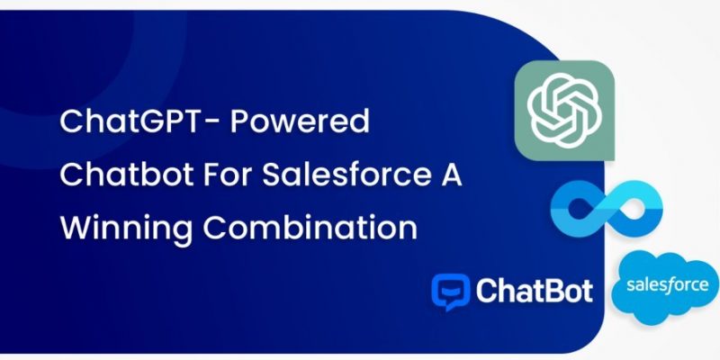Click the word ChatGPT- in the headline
click(x=139, y=121)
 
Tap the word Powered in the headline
click(x=300, y=121)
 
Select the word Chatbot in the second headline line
click(x=126, y=175)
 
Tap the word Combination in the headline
click(x=310, y=229)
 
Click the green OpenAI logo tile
click(x=564, y=110)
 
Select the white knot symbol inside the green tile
click(x=564, y=110)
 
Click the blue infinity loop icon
click(x=607, y=205)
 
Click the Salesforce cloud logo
click(x=665, y=287)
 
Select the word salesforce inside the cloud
click(x=667, y=284)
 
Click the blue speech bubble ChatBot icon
click(x=451, y=292)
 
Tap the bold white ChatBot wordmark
click(x=534, y=291)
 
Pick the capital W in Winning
click(x=76, y=229)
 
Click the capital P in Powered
click(x=239, y=121)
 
